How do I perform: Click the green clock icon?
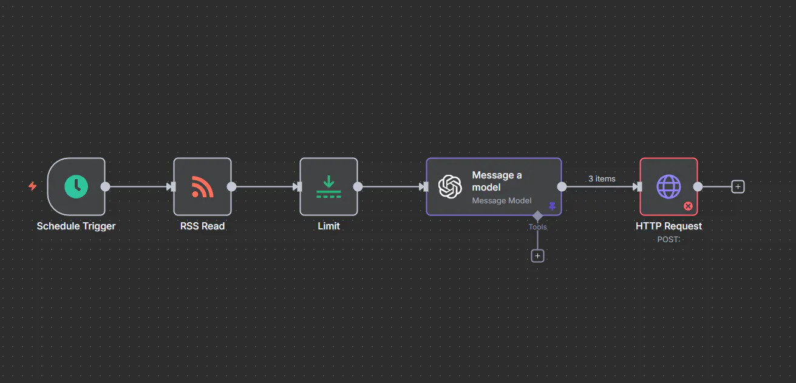76,186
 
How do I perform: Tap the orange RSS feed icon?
203,186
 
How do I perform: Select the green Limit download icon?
328,186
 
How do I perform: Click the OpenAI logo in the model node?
450,186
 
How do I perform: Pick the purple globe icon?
668,186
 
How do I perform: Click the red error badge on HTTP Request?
688,206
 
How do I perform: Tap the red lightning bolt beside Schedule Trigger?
33,186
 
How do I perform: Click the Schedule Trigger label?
76,226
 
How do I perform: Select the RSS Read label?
203,226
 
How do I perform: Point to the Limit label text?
328,226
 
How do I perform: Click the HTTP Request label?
668,226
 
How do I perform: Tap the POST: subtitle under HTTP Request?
668,240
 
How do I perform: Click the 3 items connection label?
602,178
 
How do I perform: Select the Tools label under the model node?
537,226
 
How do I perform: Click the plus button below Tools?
538,256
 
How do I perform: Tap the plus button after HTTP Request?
738,186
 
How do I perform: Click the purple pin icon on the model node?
553,206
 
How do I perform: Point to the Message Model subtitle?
502,201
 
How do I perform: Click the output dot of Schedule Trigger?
105,186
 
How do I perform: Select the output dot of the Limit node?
358,186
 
